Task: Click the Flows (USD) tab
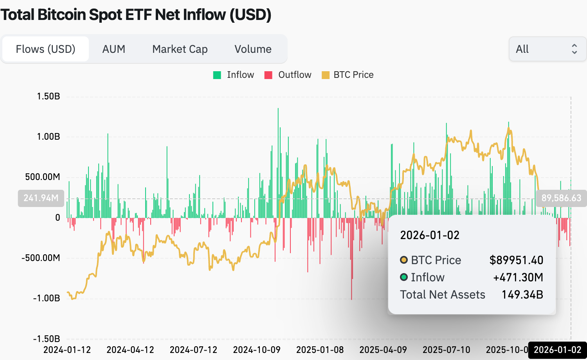[x=45, y=49]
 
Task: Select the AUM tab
[x=113, y=49]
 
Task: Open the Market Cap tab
[x=180, y=49]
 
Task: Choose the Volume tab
[x=253, y=49]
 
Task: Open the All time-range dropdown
[x=547, y=49]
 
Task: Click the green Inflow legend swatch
[x=217, y=75]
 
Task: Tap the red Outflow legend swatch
[x=268, y=75]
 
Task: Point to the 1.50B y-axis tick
[x=49, y=96]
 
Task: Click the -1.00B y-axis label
[x=47, y=298]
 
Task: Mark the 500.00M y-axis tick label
[x=43, y=177]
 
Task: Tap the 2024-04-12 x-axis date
[x=130, y=350]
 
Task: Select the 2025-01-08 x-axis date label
[x=320, y=350]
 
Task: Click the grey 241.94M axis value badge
[x=41, y=198]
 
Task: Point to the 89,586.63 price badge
[x=561, y=198]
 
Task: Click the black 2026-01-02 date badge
[x=557, y=350]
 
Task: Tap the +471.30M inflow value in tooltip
[x=518, y=277]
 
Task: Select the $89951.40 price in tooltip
[x=516, y=260]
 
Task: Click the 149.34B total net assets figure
[x=522, y=295]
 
